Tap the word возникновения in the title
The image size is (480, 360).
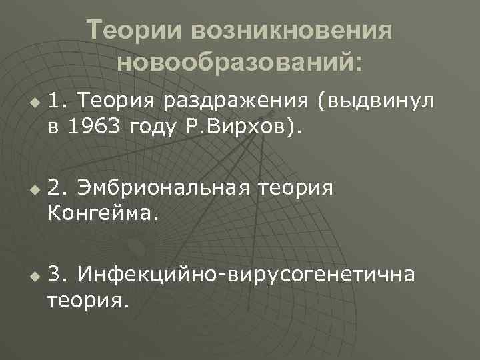(291, 31)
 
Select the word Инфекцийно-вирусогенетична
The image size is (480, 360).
(246, 274)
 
